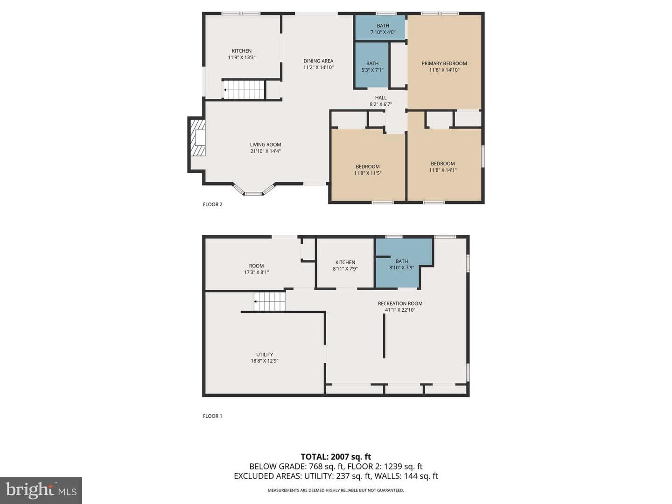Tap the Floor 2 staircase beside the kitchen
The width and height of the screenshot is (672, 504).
click(244, 90)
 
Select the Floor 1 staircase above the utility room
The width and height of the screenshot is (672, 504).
click(269, 301)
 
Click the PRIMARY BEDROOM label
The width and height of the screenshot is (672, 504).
click(444, 63)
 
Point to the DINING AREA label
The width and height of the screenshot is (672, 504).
click(318, 61)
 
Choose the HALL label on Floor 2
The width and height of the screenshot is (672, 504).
click(380, 98)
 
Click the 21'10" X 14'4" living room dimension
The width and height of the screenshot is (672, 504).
click(266, 151)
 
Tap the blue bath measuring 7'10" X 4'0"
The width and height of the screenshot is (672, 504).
click(380, 28)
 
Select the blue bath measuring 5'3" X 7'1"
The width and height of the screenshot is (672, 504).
click(371, 65)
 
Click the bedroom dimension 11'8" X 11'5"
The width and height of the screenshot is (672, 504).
click(367, 173)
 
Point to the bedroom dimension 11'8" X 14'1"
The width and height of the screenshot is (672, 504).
click(443, 170)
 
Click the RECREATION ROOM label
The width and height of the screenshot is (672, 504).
click(400, 303)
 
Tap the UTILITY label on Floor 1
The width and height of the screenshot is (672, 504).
click(265, 354)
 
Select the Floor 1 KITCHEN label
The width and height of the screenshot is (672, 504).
click(345, 262)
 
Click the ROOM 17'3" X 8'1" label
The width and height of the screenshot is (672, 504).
click(256, 269)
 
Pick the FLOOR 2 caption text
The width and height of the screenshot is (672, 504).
click(212, 204)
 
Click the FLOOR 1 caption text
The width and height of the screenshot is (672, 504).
click(212, 416)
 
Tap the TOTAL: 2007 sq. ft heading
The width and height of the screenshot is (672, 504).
click(336, 457)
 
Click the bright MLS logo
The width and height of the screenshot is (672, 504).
click(41, 490)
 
